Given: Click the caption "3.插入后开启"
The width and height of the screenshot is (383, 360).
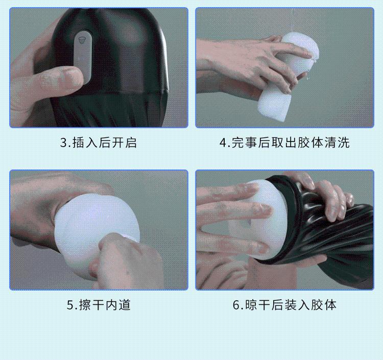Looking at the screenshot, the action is pos(98,142).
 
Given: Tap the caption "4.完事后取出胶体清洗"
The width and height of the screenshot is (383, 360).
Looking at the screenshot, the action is pos(284,142).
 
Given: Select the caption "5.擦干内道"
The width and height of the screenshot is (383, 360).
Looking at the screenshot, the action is pos(99,305).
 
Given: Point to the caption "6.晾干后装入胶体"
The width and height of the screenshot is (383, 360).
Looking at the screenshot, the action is pos(284,305).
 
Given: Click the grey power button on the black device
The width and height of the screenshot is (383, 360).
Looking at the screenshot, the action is pos(83,57).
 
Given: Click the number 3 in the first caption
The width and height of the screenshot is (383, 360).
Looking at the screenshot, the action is pos(63,143).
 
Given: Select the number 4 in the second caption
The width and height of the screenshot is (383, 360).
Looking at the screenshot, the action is pos(223,143).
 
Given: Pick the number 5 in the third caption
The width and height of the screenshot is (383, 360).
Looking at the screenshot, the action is pos(70,305).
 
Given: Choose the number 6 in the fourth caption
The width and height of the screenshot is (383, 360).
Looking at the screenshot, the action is pos(236,305).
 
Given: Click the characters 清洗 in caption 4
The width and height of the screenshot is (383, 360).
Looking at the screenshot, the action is pos(338,142).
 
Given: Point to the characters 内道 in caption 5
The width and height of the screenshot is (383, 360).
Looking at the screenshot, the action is pos(118,305).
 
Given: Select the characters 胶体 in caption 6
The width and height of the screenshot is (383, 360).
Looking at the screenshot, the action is pos(324,305).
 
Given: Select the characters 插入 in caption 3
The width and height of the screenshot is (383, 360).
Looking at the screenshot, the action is pos(85,142).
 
